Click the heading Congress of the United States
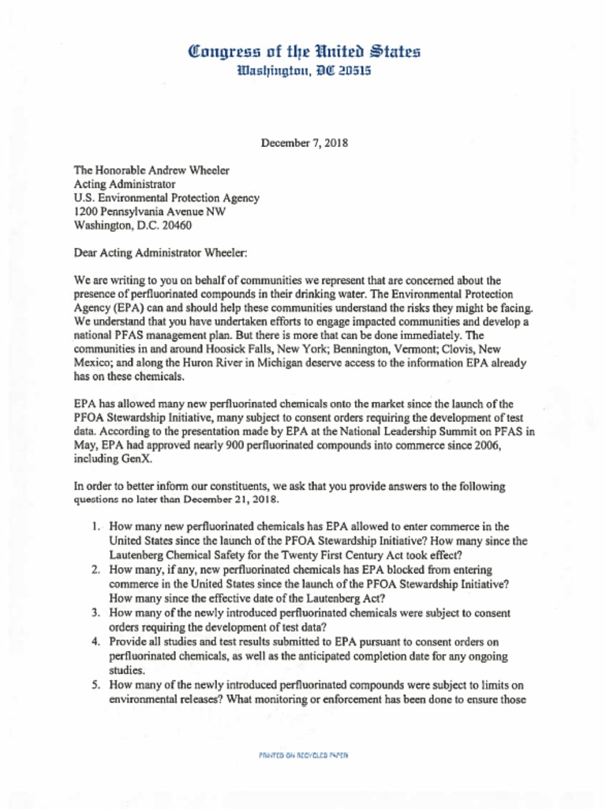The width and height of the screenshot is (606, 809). point(304,52)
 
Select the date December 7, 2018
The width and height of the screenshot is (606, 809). point(304,144)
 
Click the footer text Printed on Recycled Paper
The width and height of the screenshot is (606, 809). point(303,755)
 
